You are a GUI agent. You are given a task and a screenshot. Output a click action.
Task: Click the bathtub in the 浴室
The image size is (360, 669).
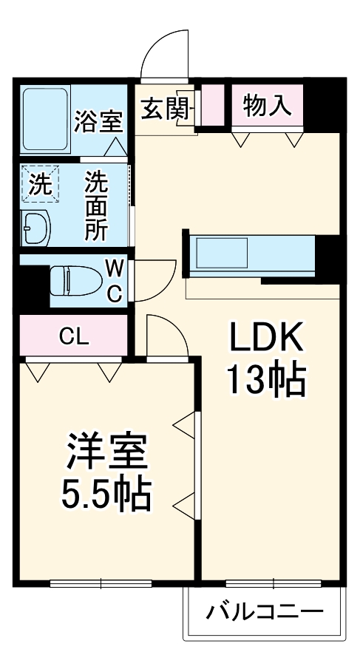click(45, 110)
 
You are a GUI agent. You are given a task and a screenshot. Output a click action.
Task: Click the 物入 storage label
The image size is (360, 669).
click(267, 106)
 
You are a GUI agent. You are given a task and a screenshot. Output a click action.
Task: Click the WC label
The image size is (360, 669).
click(115, 281)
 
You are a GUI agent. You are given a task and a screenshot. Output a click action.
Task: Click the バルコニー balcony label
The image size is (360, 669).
click(265, 612)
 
